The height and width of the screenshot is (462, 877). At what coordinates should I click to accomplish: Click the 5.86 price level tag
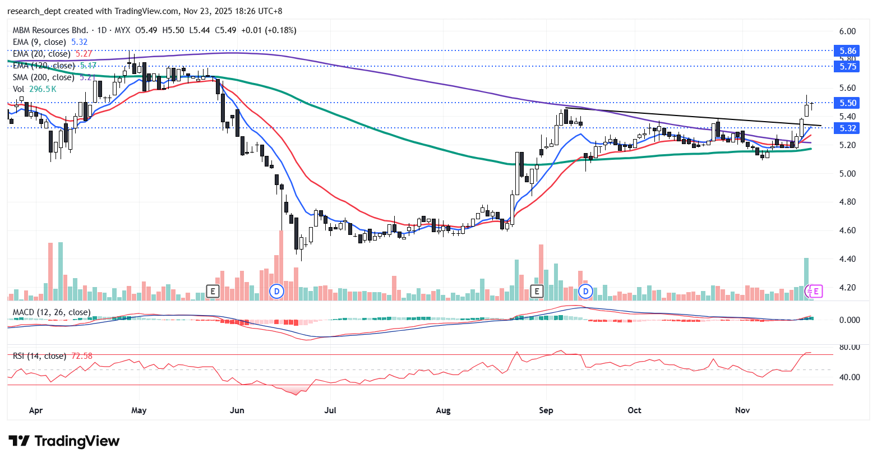847,51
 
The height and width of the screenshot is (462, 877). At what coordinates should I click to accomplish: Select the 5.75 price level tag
847,66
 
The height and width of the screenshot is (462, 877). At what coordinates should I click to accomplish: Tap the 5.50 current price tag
847,103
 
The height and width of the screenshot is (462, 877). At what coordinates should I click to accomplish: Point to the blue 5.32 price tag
847,128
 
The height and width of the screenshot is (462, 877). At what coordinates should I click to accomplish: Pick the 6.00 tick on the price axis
847,31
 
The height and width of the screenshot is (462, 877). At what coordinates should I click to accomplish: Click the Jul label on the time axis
330,410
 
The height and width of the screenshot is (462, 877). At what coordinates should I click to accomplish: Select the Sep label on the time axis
546,410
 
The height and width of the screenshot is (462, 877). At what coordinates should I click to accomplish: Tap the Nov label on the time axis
742,410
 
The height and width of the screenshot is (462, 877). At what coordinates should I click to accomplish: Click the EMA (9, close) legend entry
39,42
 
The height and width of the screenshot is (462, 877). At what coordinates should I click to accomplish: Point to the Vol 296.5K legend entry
34,89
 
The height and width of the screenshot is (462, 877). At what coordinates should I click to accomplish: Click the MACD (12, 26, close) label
52,312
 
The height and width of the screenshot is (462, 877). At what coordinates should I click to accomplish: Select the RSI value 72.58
82,356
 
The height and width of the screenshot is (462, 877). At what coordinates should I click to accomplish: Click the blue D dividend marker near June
276,291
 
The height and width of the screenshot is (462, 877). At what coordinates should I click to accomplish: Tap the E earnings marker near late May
212,291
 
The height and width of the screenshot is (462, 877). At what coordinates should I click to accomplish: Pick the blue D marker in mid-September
585,291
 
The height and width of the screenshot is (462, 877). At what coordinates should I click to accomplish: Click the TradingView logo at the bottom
64,441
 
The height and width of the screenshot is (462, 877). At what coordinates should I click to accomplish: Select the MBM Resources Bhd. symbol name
50,30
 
